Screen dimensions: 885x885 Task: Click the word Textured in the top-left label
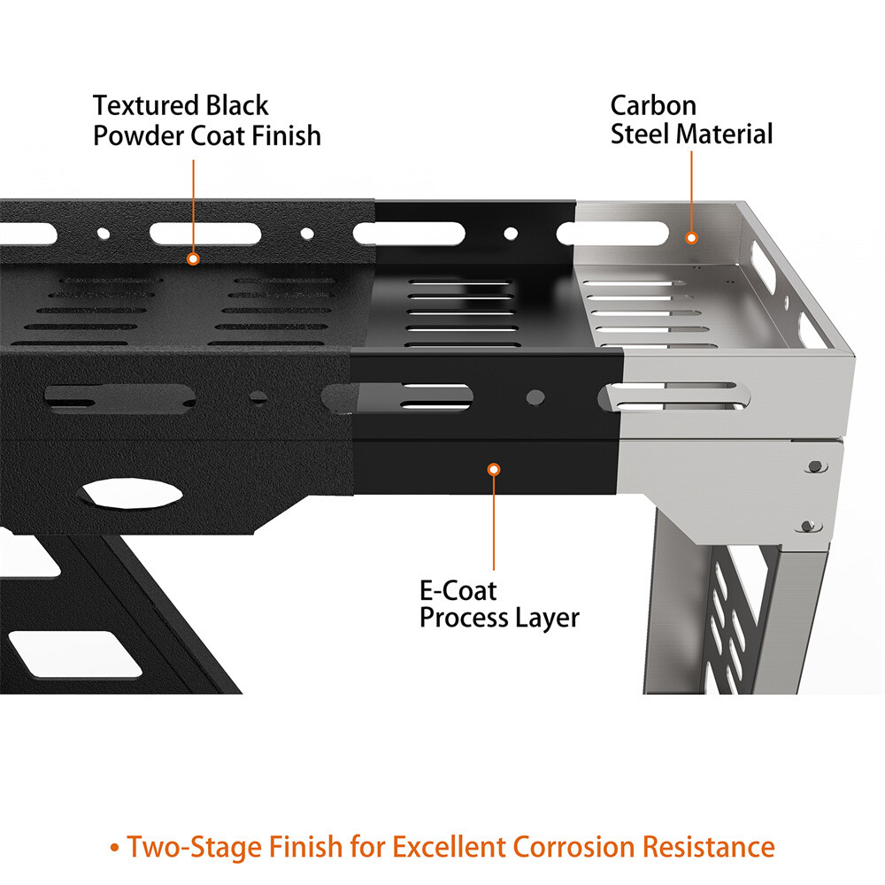click(145, 106)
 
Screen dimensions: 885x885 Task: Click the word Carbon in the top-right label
click(653, 106)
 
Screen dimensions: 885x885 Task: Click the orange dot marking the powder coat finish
click(193, 258)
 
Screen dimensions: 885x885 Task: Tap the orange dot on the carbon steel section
click(692, 237)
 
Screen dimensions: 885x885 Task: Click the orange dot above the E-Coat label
click(495, 469)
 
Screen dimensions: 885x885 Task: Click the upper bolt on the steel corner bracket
click(812, 465)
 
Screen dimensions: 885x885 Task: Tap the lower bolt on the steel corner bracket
click(807, 527)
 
